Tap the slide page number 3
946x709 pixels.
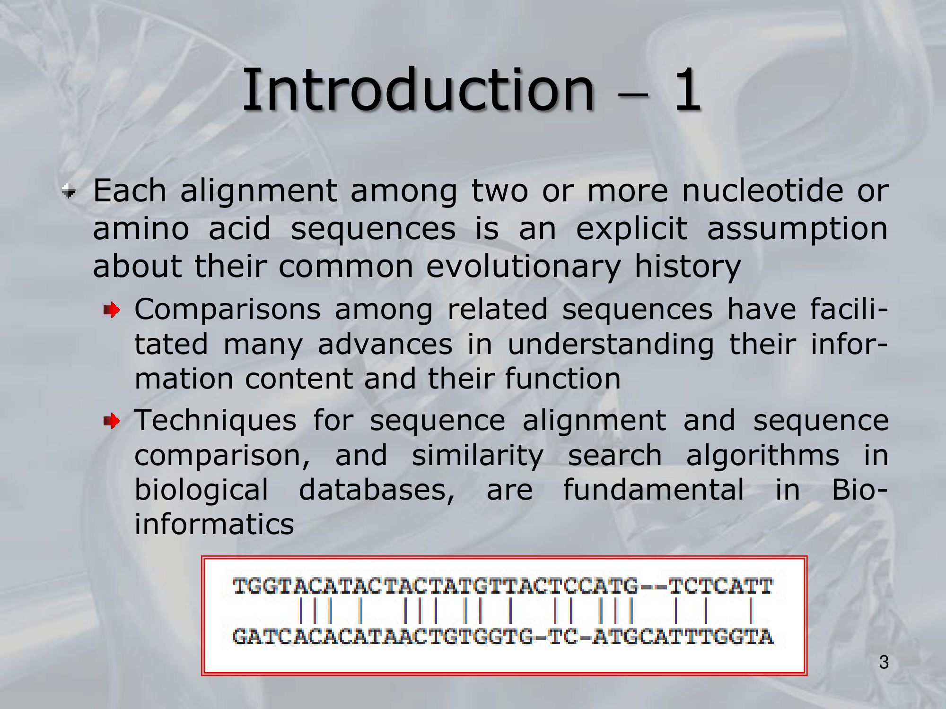pyautogui.click(x=884, y=662)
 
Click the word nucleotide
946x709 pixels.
pyautogui.click(x=762, y=191)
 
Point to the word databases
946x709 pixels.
pyautogui.click(x=377, y=490)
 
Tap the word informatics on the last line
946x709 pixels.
pyautogui.click(x=214, y=524)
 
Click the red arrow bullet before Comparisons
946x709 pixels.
pyautogui.click(x=112, y=311)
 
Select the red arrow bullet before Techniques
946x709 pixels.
pyautogui.click(x=112, y=421)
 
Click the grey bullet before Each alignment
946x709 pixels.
pyautogui.click(x=69, y=191)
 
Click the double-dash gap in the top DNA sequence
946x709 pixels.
pyautogui.click(x=653, y=588)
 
